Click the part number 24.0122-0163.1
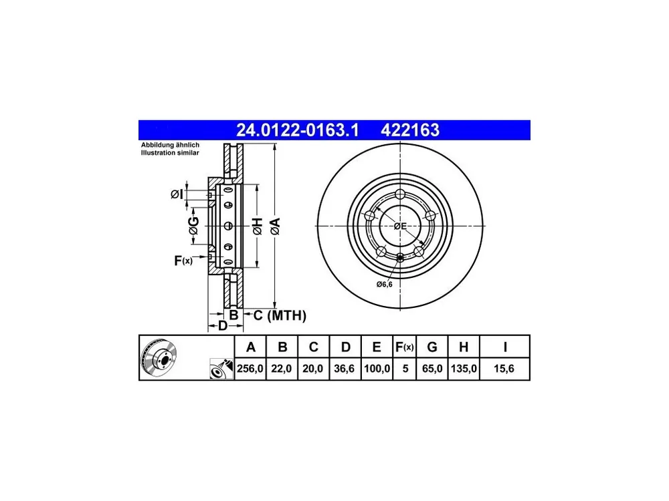[x=298, y=130]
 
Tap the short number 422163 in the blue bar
[x=409, y=130]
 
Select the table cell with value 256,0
[x=250, y=369]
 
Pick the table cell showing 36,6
[x=345, y=369]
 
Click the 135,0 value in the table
[x=464, y=369]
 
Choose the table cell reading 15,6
[x=504, y=369]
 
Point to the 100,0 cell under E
[x=377, y=369]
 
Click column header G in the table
[x=432, y=347]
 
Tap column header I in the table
[x=504, y=347]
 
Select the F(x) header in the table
[x=404, y=347]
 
